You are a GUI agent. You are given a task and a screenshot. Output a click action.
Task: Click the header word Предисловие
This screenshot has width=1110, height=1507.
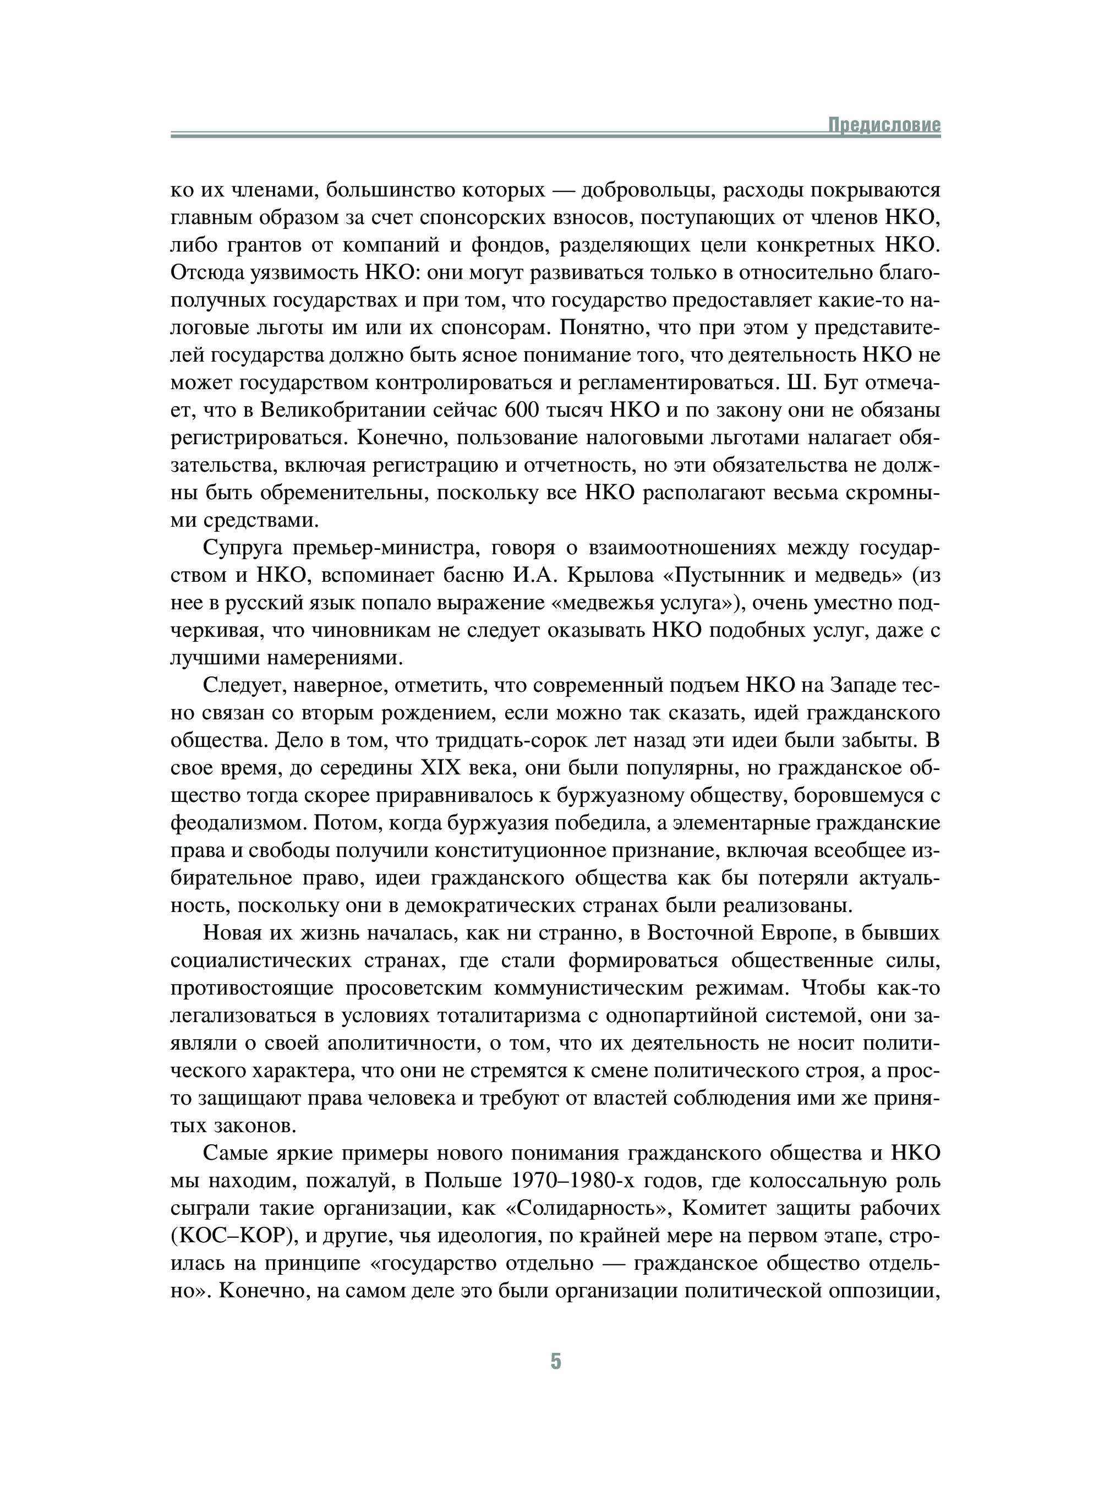click(884, 125)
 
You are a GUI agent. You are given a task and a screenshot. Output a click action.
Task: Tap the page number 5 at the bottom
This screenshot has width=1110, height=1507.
click(555, 1361)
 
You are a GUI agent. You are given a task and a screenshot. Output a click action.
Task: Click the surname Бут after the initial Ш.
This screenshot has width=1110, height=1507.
click(845, 383)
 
